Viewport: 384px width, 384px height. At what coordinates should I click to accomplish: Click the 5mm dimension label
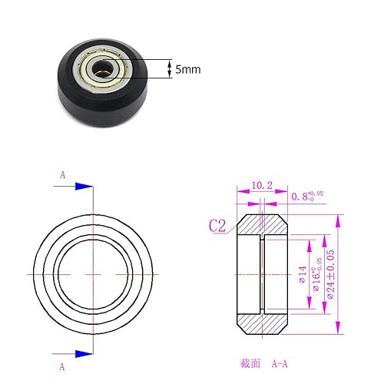[188, 69]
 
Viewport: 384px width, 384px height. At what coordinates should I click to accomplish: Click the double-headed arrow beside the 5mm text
[170, 68]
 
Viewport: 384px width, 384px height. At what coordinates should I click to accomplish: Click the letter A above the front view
[61, 174]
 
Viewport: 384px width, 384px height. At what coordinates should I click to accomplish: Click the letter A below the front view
[61, 366]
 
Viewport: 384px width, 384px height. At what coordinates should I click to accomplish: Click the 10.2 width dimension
[262, 185]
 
